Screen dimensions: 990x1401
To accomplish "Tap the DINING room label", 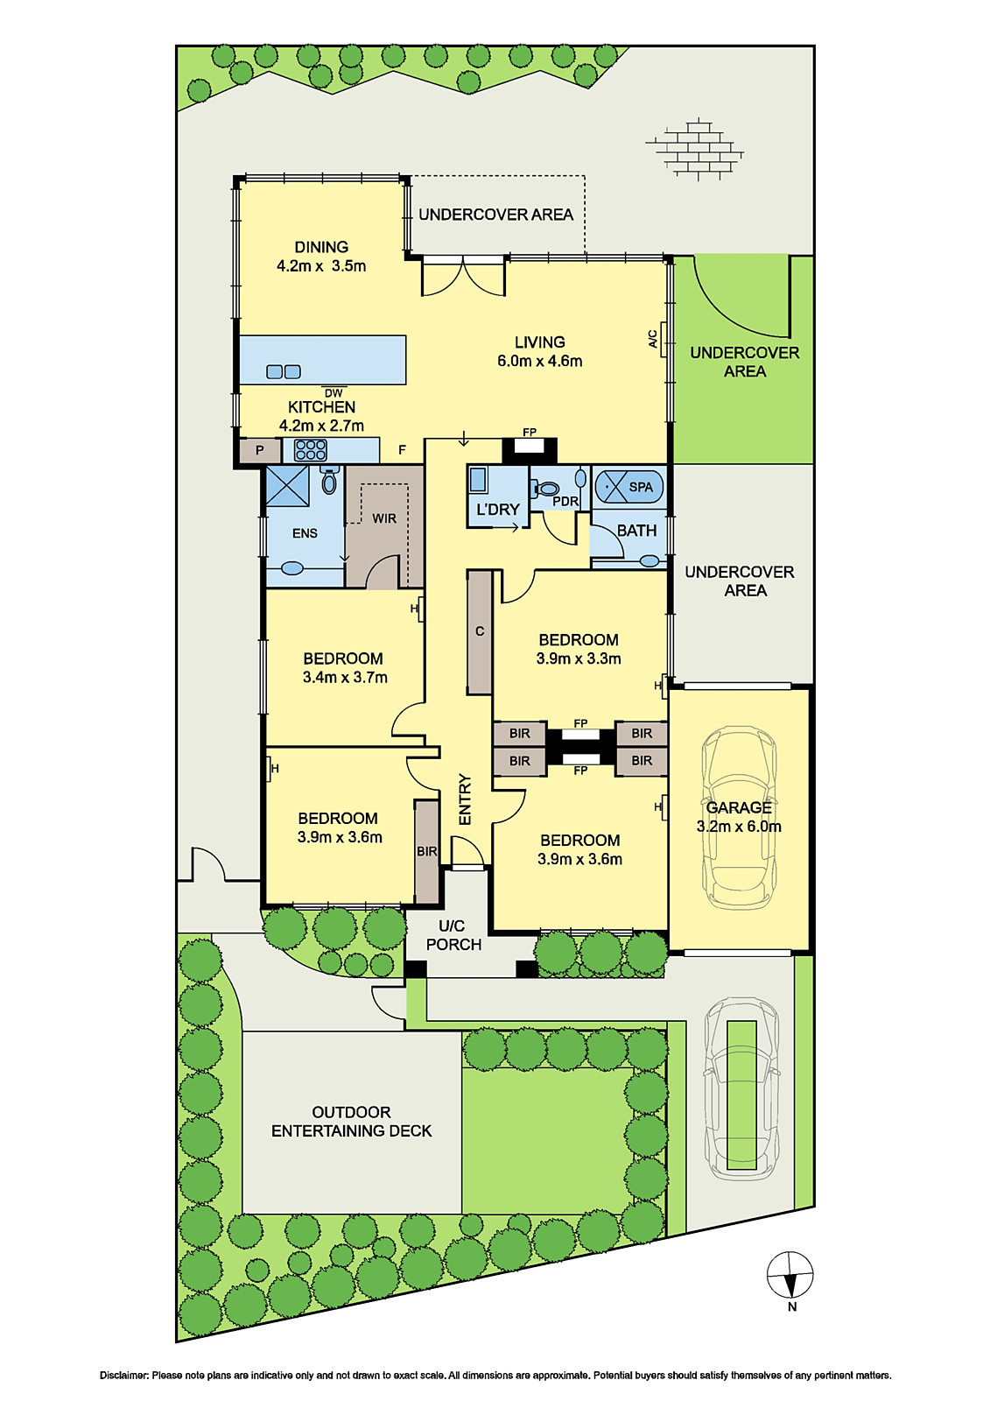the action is tap(321, 247).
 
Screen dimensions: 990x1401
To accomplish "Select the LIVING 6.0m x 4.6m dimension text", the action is tap(540, 361).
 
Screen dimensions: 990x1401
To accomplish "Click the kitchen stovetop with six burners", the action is tap(310, 450).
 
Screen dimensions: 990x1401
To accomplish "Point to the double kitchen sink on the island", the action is tap(284, 371).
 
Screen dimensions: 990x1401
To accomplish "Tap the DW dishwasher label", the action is tap(334, 393).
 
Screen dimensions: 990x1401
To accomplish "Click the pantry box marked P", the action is tap(260, 450).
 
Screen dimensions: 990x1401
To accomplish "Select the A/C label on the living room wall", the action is tap(652, 340).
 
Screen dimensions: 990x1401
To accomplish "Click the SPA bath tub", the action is tap(628, 487).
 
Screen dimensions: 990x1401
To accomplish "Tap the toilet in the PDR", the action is tap(545, 487).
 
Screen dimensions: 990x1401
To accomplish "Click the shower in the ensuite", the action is tap(287, 485).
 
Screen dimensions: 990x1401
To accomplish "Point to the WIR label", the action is tap(384, 518).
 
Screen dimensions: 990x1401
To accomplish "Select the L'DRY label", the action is tap(498, 510).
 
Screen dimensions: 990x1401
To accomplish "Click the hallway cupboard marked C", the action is tap(480, 631).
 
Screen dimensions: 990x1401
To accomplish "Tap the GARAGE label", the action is tap(739, 807).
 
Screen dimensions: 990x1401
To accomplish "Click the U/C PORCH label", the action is tap(454, 935).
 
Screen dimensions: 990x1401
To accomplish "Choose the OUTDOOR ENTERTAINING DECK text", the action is tap(352, 1122).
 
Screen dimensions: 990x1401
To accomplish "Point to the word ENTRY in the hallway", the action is tap(465, 800).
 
